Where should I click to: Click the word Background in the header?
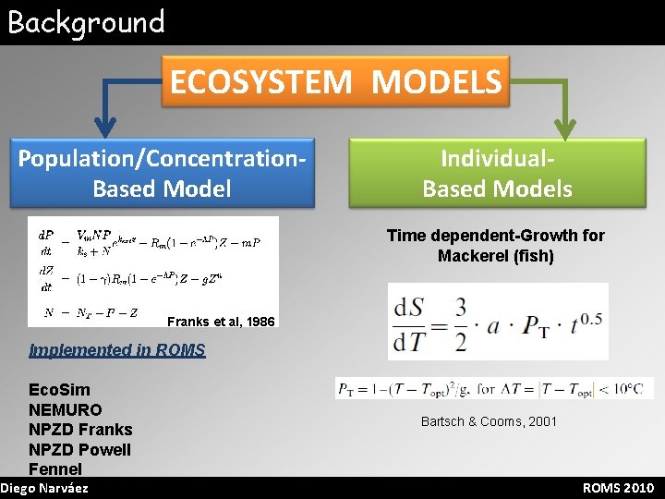(86, 21)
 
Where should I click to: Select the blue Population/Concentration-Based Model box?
(163, 172)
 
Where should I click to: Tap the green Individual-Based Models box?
(497, 172)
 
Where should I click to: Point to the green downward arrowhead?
(564, 124)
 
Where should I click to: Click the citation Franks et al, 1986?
(221, 322)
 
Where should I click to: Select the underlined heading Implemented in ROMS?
(117, 349)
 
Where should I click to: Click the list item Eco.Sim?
(60, 389)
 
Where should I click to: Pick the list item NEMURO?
(66, 409)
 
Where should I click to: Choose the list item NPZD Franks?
(80, 430)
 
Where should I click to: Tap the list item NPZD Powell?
(80, 450)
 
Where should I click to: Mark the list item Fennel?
(55, 469)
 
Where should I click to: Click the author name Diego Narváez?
(45, 488)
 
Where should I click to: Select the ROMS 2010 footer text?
(618, 488)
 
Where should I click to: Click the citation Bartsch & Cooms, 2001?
(489, 421)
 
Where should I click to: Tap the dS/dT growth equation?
(497, 321)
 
